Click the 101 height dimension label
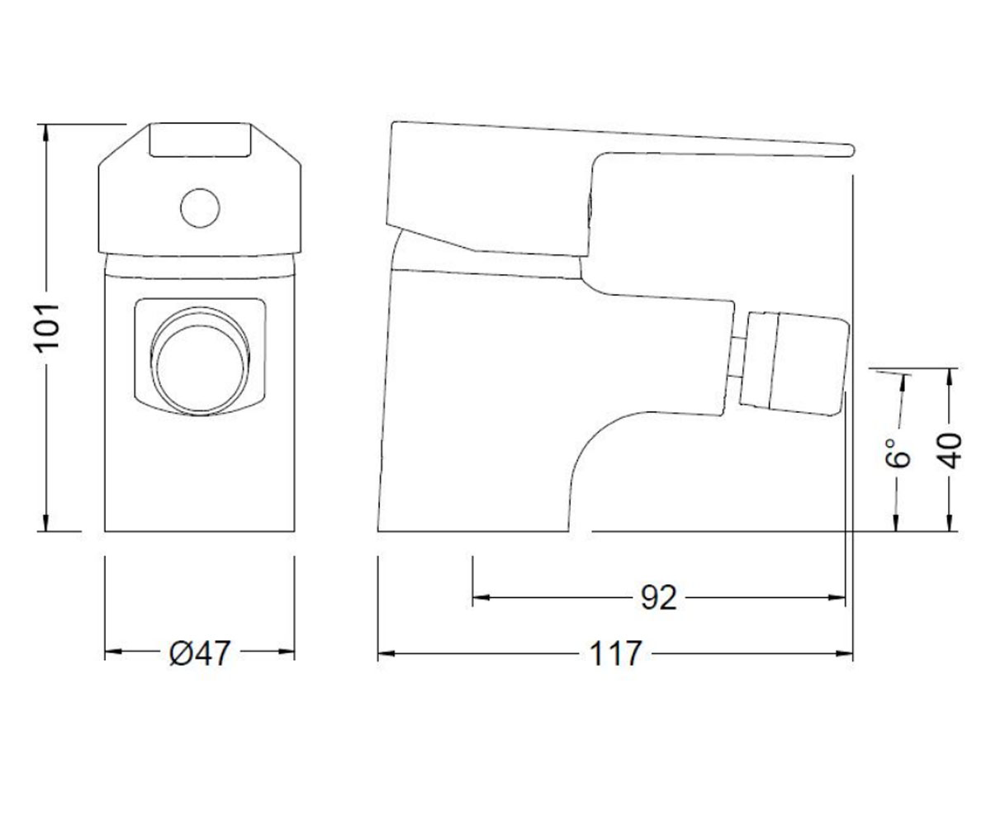[x=47, y=328]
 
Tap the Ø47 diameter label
[x=200, y=653]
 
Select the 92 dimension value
[x=658, y=598]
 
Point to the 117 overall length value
[x=615, y=653]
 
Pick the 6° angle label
[x=898, y=453]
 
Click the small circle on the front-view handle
[x=200, y=208]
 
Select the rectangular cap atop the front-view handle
[x=200, y=140]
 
